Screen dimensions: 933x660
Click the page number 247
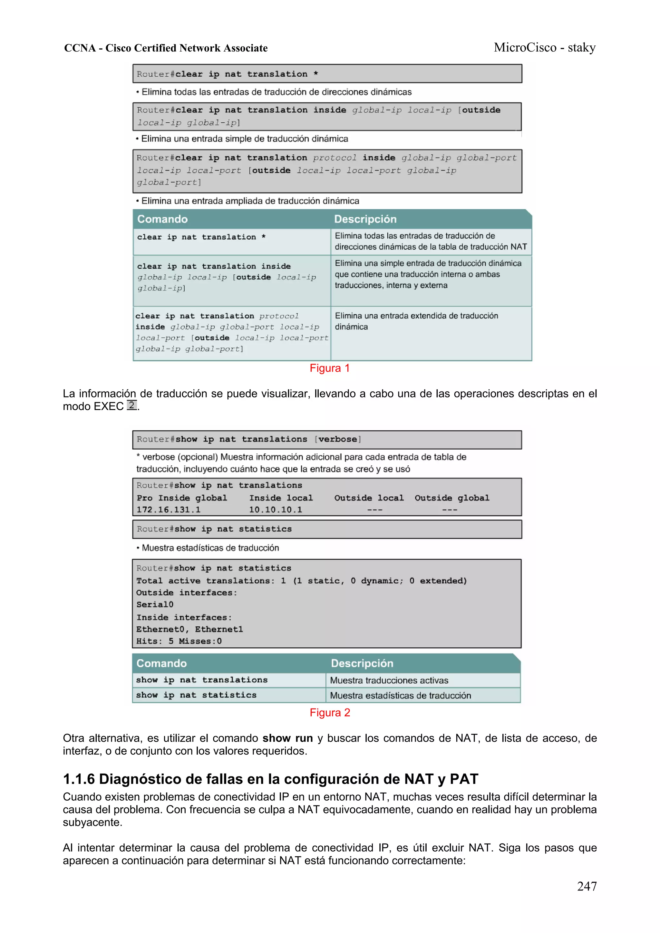pos(587,886)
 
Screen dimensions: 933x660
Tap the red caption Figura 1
pos(329,368)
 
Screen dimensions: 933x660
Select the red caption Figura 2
pos(329,712)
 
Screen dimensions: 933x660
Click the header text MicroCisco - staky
pos(545,48)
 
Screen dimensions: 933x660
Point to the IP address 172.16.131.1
pos(168,509)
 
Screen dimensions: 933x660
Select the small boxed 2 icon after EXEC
pos(131,405)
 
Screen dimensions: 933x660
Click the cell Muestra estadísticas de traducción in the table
pos(400,695)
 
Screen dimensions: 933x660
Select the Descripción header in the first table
pos(365,219)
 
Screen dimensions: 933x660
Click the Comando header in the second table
pos(161,663)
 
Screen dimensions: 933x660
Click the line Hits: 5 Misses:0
pos(179,641)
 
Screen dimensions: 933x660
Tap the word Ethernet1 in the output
pos(219,629)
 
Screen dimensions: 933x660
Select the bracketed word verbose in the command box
pos(337,439)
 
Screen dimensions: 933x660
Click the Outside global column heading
pos(452,498)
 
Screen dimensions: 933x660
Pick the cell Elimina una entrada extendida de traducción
pos(416,321)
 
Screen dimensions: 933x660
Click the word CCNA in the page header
pos(80,48)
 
